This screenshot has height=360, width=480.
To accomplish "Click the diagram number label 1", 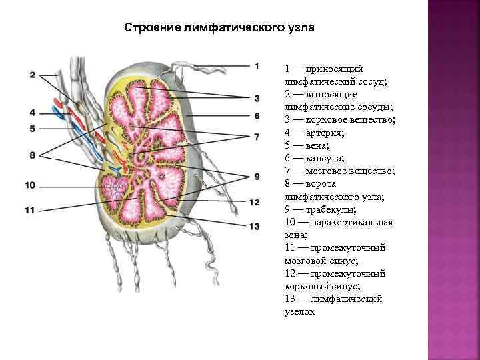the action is click(256, 65).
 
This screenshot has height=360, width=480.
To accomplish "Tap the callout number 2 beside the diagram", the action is click(32, 75).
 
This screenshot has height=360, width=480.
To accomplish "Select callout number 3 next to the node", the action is click(256, 98).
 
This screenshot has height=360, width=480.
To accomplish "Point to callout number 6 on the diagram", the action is click(256, 116).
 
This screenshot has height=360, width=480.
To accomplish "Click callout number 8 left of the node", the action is click(32, 155).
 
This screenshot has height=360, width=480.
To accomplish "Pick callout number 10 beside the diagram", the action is click(29, 185).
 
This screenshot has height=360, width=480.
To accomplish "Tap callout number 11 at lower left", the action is click(29, 210).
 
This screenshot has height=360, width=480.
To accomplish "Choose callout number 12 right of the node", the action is click(254, 202).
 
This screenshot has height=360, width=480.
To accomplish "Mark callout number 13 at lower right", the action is click(254, 227).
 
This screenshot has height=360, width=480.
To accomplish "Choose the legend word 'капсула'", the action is click(322, 159).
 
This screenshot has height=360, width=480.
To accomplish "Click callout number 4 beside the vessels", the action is click(32, 113).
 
